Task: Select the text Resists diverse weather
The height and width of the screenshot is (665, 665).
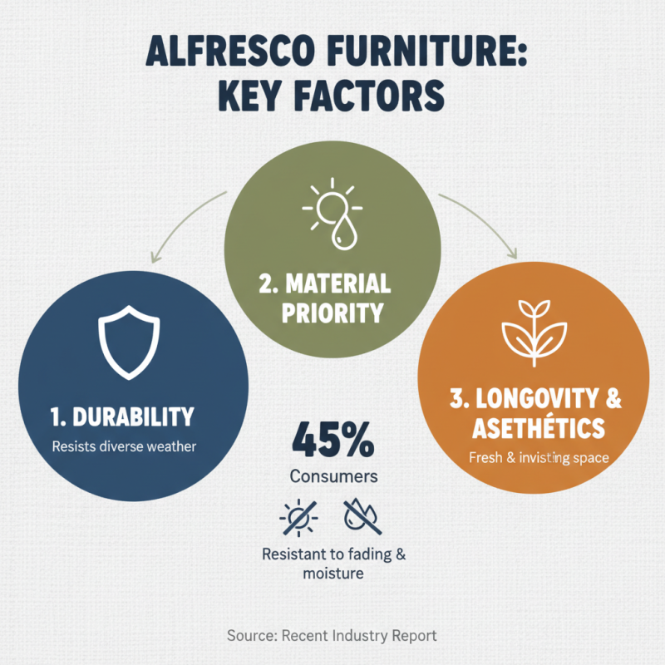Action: [124, 446]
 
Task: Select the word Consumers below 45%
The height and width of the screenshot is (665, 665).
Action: [333, 477]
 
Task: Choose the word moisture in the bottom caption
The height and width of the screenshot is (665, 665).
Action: [333, 574]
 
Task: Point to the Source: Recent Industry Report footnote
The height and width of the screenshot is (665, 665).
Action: [332, 635]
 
